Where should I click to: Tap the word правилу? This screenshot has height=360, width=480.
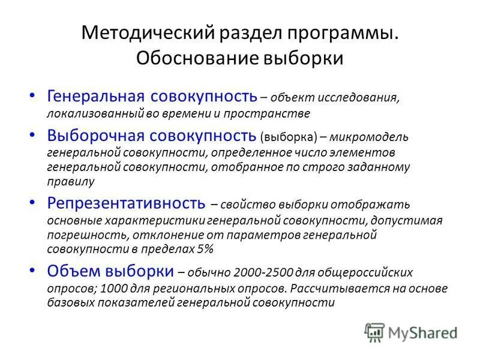pyautogui.click(x=71, y=181)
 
